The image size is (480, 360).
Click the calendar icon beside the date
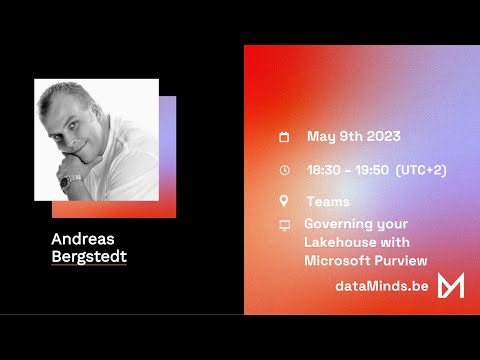pos(284,137)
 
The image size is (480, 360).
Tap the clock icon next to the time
pos(284,170)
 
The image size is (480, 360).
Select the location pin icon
pos(284,201)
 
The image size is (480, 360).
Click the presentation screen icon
pos(284,225)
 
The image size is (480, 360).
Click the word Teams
pos(327,201)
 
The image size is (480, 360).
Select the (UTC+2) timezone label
pos(421,170)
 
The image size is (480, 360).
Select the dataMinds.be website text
pos(383,287)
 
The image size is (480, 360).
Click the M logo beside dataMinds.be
pos(451,285)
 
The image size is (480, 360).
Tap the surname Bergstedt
pos(89,257)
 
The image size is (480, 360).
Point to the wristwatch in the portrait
pos(71,182)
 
